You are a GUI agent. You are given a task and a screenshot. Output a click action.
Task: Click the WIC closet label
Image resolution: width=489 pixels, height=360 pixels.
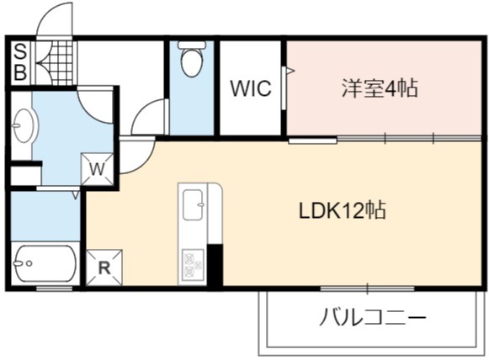pyautogui.click(x=251, y=88)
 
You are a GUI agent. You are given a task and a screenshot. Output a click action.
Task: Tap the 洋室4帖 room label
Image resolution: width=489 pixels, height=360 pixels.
pyautogui.click(x=380, y=88)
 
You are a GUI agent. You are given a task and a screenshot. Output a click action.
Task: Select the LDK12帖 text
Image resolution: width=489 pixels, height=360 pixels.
pyautogui.click(x=343, y=211)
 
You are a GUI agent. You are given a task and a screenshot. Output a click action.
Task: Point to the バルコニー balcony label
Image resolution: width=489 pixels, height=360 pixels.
pyautogui.click(x=373, y=317)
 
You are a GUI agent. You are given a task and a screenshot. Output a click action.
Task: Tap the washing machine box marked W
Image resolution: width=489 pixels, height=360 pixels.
pyautogui.click(x=97, y=169)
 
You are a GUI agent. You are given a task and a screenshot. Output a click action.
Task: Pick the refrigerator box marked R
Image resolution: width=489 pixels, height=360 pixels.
pyautogui.click(x=104, y=267)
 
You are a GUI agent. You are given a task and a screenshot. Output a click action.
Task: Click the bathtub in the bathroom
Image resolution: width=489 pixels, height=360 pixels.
pyautogui.click(x=45, y=263)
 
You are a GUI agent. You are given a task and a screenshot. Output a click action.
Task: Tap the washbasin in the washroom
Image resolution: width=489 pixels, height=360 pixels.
pyautogui.click(x=25, y=125)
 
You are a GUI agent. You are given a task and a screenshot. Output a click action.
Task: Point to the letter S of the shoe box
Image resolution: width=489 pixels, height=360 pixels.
pyautogui.click(x=20, y=51)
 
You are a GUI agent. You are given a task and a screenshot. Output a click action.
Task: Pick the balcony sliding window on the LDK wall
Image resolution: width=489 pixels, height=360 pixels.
pyautogui.click(x=367, y=289)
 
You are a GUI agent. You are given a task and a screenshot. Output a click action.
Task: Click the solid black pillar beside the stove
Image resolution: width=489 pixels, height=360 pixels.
pyautogui.click(x=215, y=265)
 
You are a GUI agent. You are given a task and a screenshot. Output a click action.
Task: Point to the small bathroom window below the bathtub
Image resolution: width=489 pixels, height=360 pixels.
pyautogui.click(x=54, y=289)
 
